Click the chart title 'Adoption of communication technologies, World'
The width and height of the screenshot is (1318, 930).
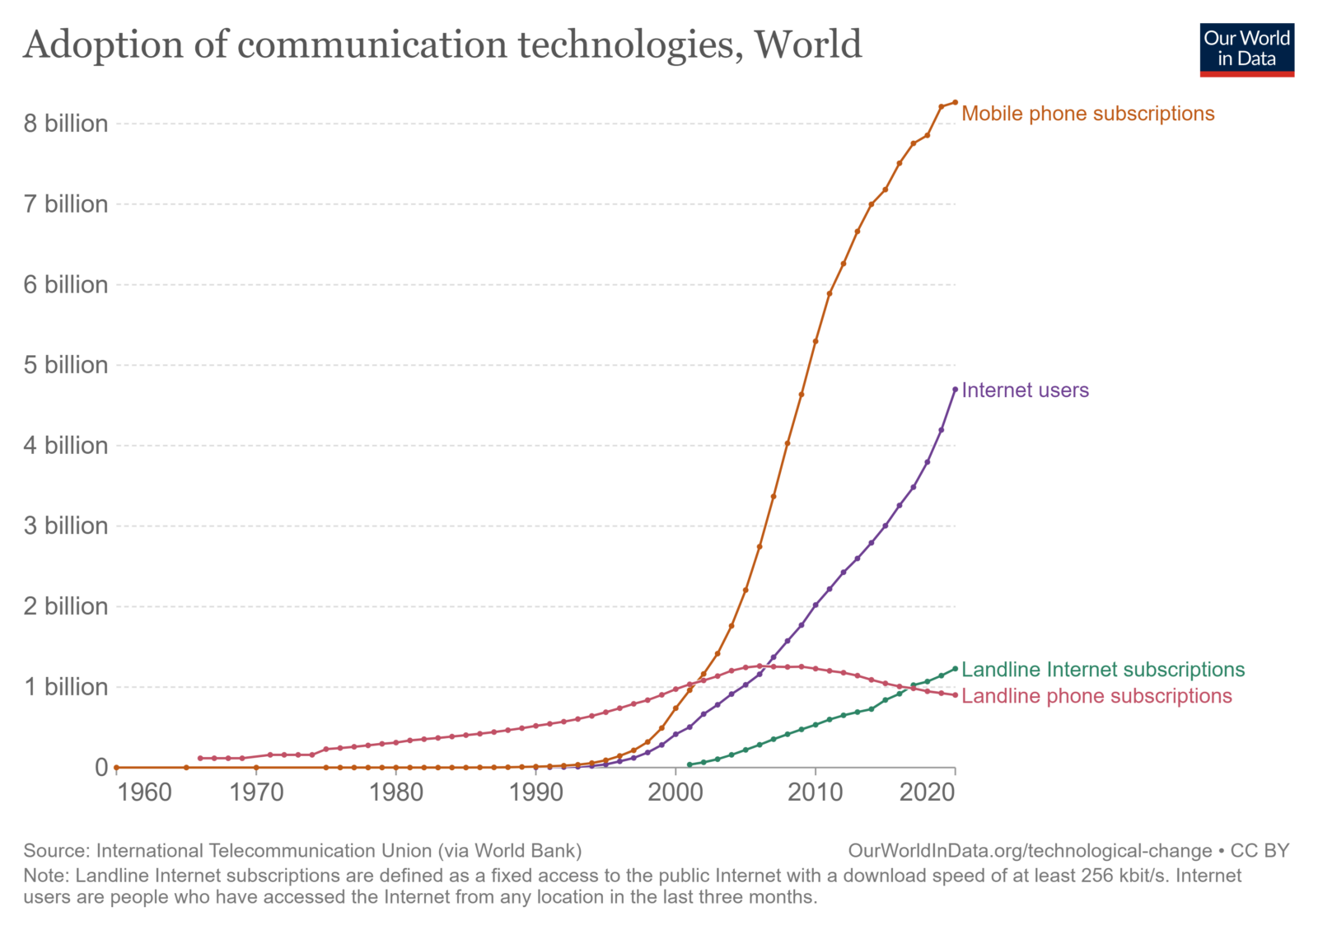coord(442,44)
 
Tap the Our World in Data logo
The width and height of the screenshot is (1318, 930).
coord(1246,49)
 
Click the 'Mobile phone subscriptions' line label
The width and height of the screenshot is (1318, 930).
coord(1087,114)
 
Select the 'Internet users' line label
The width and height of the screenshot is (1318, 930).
coord(1025,390)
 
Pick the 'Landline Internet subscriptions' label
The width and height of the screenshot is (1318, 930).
coord(1103,670)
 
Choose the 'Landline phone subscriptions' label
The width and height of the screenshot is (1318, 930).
coord(1096,696)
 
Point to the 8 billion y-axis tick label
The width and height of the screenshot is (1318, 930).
coord(66,124)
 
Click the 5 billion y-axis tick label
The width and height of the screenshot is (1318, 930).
coord(66,365)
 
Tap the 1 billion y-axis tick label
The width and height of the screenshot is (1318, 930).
coord(66,687)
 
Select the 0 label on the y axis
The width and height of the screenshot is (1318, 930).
coord(101,768)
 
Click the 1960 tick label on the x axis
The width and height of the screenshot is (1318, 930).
coord(145,792)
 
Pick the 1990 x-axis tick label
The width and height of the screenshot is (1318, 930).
coord(536,792)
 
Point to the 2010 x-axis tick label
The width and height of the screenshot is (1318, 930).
coord(816,792)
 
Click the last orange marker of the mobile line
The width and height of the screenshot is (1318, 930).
coord(955,102)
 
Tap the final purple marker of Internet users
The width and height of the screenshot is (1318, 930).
coord(955,390)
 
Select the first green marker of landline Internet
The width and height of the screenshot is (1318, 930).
coord(689,764)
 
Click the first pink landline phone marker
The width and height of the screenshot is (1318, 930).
coord(200,758)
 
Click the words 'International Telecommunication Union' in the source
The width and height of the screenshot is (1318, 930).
coord(264,851)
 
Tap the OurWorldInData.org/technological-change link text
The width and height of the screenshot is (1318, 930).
coord(1030,851)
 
